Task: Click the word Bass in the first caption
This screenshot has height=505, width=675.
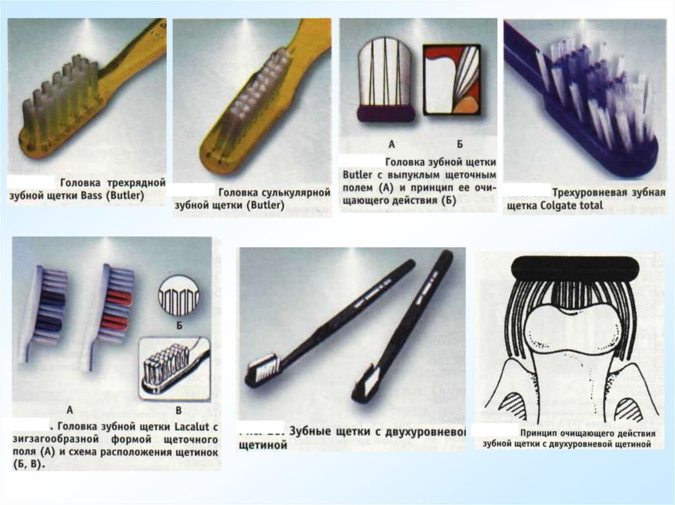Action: click(x=91, y=196)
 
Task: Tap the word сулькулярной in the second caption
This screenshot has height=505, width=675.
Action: click(x=274, y=193)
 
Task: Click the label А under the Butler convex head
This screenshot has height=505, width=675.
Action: click(x=392, y=144)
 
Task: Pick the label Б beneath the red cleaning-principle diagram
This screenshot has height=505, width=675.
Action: click(x=459, y=144)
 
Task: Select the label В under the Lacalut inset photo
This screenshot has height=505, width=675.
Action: click(x=179, y=411)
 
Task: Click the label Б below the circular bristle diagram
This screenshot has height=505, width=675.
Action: click(x=179, y=326)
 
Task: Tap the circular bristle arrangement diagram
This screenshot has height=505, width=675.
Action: click(x=179, y=296)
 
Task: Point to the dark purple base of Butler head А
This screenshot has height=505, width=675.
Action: click(x=386, y=113)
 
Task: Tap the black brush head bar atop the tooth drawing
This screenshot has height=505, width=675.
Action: click(x=575, y=268)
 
